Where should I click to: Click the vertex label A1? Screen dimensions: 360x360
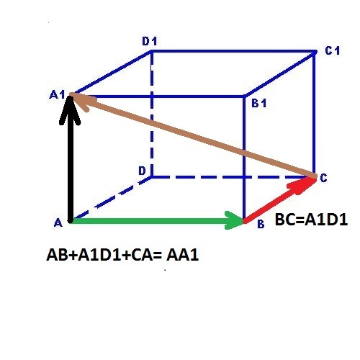pyautogui.click(x=57, y=95)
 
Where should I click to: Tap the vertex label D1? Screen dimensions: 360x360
pyautogui.click(x=150, y=42)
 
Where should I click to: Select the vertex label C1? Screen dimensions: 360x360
pyautogui.click(x=333, y=50)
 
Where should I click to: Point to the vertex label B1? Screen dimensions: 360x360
pyautogui.click(x=259, y=103)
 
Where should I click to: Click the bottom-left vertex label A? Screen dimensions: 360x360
pyautogui.click(x=58, y=222)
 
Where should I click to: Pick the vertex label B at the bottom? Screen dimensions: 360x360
pyautogui.click(x=261, y=224)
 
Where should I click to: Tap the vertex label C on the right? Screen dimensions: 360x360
pyautogui.click(x=323, y=178)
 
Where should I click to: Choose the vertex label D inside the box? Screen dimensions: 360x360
pyautogui.click(x=142, y=171)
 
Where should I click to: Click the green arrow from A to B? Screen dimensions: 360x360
pyautogui.click(x=157, y=220)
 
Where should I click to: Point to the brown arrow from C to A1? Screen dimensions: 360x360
pyautogui.click(x=193, y=135)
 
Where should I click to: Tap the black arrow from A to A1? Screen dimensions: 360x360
pyautogui.click(x=70, y=158)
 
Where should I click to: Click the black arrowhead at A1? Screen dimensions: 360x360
pyautogui.click(x=70, y=109)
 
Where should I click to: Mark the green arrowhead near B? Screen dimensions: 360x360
pyautogui.click(x=234, y=220)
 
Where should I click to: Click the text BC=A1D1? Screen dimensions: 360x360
pyautogui.click(x=311, y=220)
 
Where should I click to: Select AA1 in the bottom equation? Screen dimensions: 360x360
pyautogui.click(x=183, y=255)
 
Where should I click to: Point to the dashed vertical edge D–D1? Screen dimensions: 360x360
pyautogui.click(x=151, y=114)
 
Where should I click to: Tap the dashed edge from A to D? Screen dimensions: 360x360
pyautogui.click(x=111, y=198)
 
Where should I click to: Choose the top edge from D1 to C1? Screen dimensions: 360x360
pyautogui.click(x=233, y=51)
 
